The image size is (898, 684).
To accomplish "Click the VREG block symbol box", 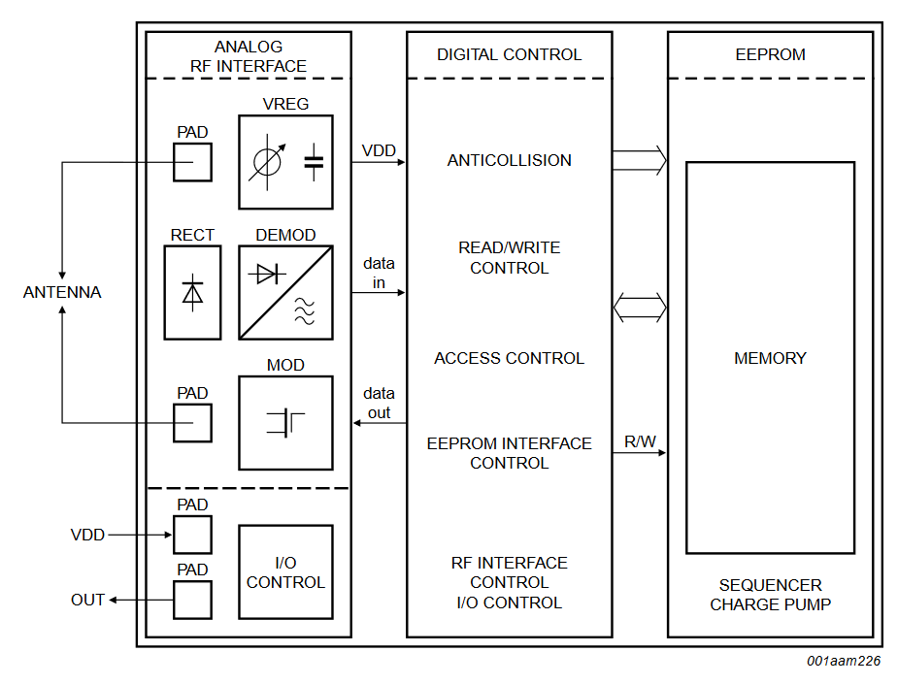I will click(x=285, y=162).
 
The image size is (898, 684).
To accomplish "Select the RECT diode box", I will click(x=192, y=292).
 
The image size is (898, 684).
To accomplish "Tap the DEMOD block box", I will click(x=285, y=292).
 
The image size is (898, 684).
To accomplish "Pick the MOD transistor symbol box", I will click(x=285, y=422).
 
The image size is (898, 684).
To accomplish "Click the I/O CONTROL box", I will click(x=285, y=571).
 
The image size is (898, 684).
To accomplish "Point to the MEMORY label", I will click(x=770, y=358).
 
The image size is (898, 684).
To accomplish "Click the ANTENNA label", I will click(x=62, y=292).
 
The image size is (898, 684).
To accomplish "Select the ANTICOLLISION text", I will click(x=509, y=160).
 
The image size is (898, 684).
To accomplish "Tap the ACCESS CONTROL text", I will click(x=509, y=358).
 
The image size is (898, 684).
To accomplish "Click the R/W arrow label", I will click(x=640, y=442).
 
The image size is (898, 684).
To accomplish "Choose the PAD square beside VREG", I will click(x=192, y=162).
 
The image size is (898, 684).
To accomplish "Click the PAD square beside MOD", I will click(x=192, y=423).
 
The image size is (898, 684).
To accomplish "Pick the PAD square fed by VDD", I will click(x=192, y=535).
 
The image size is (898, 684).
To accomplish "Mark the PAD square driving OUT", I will click(x=192, y=600).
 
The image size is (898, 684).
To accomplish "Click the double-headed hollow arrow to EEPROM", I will click(x=640, y=309).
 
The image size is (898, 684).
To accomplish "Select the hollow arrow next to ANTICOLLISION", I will click(x=640, y=160).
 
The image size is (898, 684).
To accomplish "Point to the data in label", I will click(x=379, y=273).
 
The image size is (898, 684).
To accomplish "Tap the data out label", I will click(x=379, y=403).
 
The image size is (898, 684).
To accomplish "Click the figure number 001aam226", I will click(x=843, y=661).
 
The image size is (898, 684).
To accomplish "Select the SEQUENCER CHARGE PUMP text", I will click(x=770, y=595).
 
